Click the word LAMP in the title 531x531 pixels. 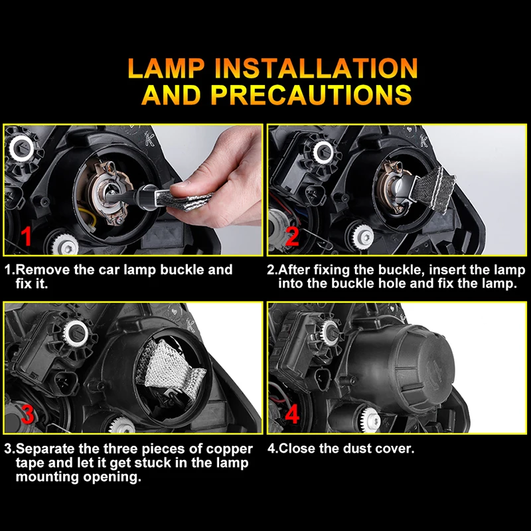point(167,68)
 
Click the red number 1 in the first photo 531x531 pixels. point(26,236)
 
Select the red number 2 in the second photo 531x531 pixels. point(292,236)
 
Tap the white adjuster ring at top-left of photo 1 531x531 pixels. point(21,148)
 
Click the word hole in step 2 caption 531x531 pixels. point(392,283)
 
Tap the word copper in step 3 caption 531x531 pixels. point(230,449)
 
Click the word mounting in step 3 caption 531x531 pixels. point(47,477)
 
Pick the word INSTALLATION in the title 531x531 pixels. point(316,68)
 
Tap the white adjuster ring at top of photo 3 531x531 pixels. point(76,334)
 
